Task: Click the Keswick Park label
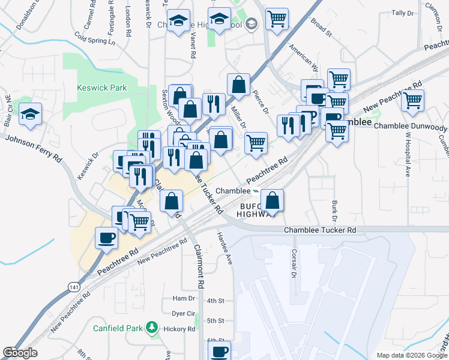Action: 102,88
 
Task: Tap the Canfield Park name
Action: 118,328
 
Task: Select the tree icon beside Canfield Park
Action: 152,328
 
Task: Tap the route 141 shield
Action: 73,286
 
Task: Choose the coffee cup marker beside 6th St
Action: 219,351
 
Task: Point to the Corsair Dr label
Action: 294,264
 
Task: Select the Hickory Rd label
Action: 183,329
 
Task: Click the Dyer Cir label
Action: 184,314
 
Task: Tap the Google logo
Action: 20,353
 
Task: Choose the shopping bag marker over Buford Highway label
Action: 273,200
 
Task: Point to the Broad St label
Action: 321,27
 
